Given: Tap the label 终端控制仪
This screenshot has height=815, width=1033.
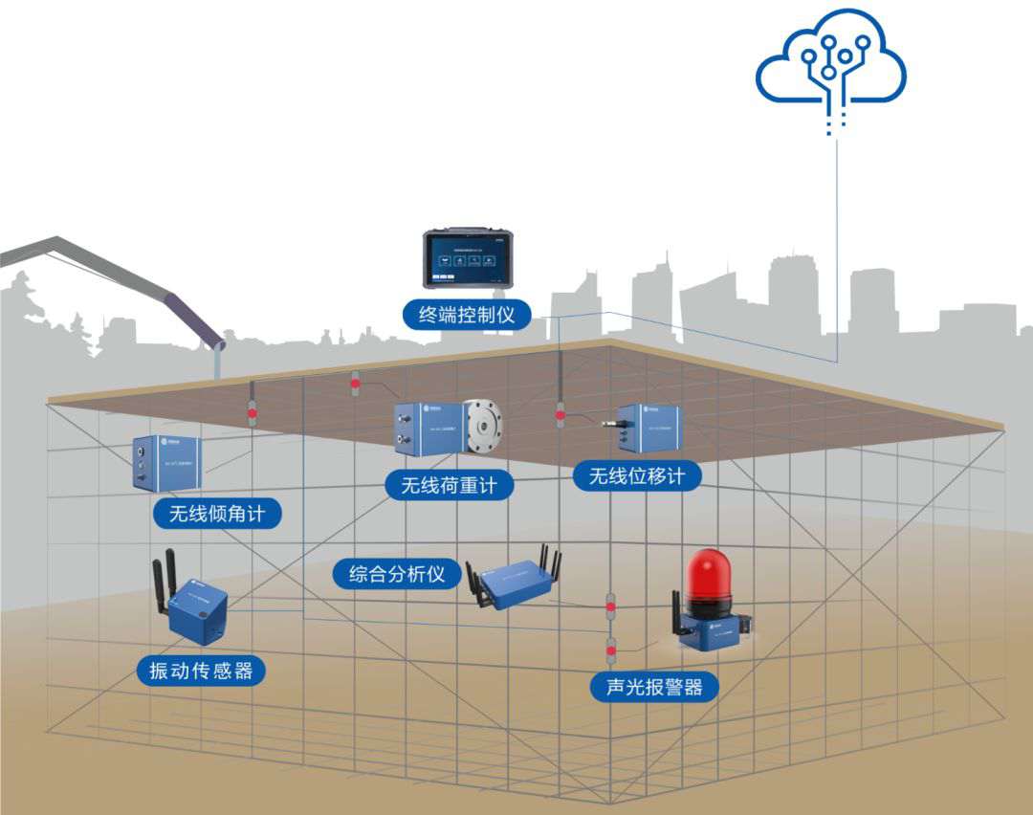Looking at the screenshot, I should [467, 313].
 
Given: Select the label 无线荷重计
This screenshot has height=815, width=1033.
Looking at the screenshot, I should [449, 485].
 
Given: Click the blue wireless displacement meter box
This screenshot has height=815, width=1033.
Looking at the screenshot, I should [654, 426].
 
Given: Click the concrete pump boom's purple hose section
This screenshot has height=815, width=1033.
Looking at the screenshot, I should [191, 317].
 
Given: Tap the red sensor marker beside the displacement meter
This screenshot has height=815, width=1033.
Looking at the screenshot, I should [560, 415].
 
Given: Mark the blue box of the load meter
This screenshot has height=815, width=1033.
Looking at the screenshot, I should [427, 427].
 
